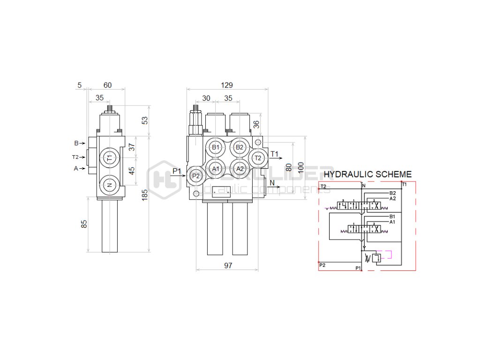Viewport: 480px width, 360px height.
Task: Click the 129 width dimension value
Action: coord(227,85)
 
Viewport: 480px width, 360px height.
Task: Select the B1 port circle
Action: coord(215,147)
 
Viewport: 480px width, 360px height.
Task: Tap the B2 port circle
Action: coord(240,147)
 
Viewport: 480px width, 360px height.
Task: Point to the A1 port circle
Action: coord(215,168)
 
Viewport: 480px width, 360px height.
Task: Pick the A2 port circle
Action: coord(240,168)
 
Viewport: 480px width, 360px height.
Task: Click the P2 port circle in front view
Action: coord(196,176)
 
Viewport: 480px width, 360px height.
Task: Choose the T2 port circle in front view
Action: coord(257,158)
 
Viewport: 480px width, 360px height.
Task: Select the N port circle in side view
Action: coord(110,185)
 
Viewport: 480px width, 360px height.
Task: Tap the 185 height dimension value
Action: coord(145,194)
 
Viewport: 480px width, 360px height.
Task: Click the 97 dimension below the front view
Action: coord(228,266)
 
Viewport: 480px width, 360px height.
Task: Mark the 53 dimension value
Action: coord(145,120)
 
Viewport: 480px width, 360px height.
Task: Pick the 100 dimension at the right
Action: coord(301,167)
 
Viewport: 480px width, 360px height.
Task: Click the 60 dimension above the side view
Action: coord(107,85)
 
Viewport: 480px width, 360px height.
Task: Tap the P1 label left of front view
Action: coord(177,171)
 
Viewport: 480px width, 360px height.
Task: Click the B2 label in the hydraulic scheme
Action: coord(393,193)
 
